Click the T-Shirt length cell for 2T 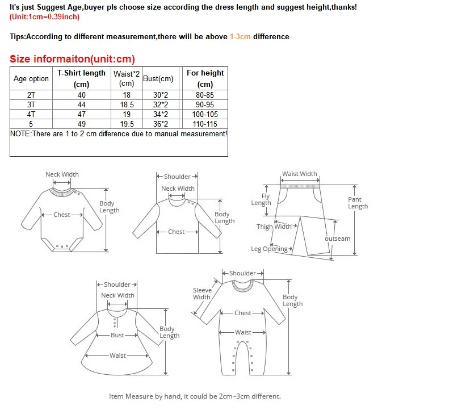pos(82,95)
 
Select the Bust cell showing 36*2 pos(161,124)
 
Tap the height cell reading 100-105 pos(205,114)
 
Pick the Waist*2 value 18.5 pos(127,105)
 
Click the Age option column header pos(31,79)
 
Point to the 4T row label pos(31,114)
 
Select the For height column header pos(205,78)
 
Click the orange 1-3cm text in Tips pos(240,37)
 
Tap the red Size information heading pos(72,59)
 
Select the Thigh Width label pos(274,227)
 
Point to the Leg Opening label pos(270,249)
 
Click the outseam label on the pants pos(337,239)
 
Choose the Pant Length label pos(358,203)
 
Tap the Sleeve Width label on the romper pos(201,293)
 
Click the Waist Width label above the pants pos(299,174)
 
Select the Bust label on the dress pos(117,335)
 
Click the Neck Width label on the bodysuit pos(62,174)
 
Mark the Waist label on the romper pos(243,332)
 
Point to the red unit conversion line pos(44,16)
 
